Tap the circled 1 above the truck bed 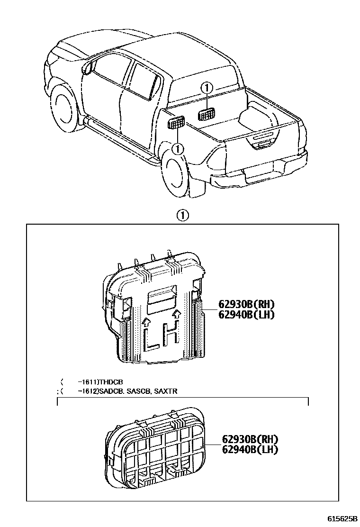207,88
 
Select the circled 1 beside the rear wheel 178,149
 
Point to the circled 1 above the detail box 182,216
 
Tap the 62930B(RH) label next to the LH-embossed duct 246,304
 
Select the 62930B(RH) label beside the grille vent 249,439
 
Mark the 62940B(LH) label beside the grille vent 249,449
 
